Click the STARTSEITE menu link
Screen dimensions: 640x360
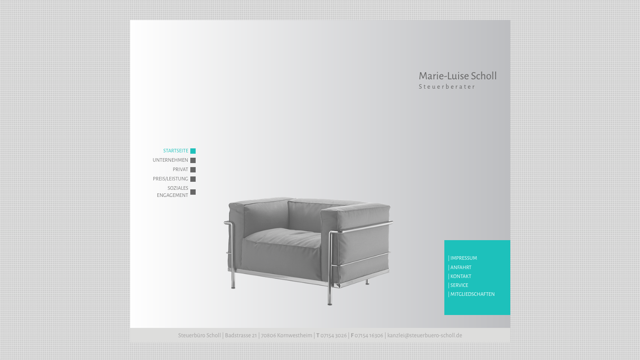176,151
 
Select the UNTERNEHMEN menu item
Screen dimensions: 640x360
170,160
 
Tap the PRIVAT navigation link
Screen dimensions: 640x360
181,170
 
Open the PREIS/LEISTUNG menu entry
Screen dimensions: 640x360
170,179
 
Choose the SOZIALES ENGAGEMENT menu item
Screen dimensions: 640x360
172,192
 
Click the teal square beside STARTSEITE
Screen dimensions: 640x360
193,151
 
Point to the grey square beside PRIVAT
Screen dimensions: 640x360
193,170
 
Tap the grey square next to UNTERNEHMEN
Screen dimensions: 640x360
193,160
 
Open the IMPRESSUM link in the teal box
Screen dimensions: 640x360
464,258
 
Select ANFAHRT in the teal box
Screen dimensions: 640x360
461,267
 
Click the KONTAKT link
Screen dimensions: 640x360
460,277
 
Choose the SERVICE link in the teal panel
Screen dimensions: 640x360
459,286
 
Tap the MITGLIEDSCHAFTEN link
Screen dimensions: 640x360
472,295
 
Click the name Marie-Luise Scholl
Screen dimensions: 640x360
458,76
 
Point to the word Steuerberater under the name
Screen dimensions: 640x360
447,86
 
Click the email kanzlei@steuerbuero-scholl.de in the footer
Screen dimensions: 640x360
425,335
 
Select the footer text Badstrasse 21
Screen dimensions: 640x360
241,335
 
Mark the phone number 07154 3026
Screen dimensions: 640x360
333,335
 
